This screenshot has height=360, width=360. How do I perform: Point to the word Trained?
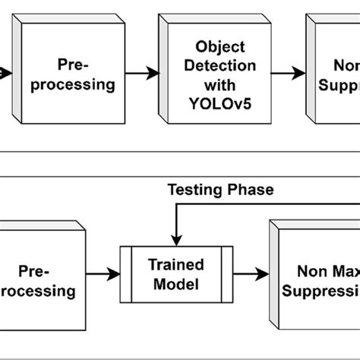click(176, 266)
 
